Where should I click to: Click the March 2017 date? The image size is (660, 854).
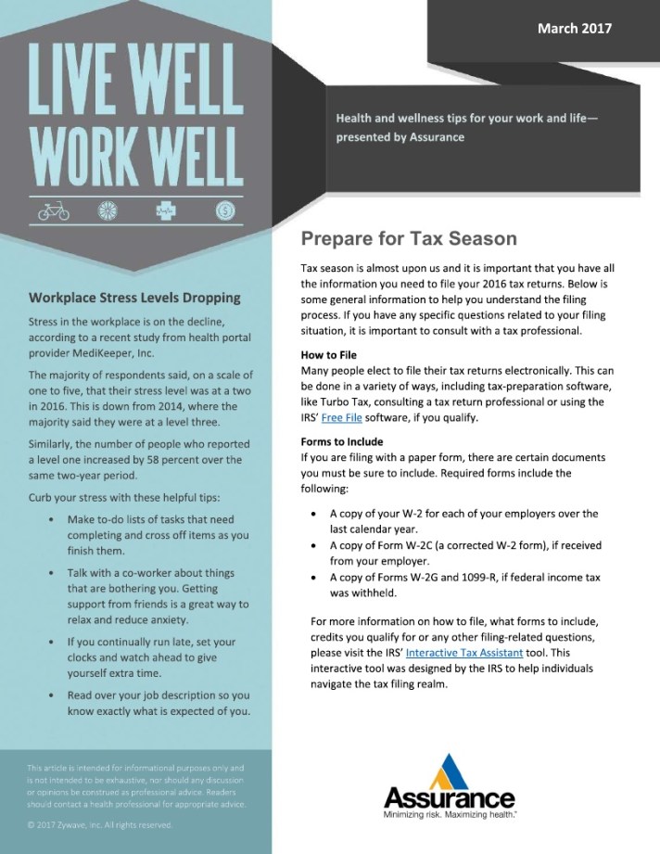coord(575,29)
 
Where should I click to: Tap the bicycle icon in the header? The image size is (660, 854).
coord(54,211)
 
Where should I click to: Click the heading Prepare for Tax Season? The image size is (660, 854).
coord(408,238)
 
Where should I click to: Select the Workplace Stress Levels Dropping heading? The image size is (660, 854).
coord(134,298)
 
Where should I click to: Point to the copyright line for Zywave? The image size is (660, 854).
coord(100,824)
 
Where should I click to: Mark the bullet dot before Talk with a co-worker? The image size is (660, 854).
coord(47,574)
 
